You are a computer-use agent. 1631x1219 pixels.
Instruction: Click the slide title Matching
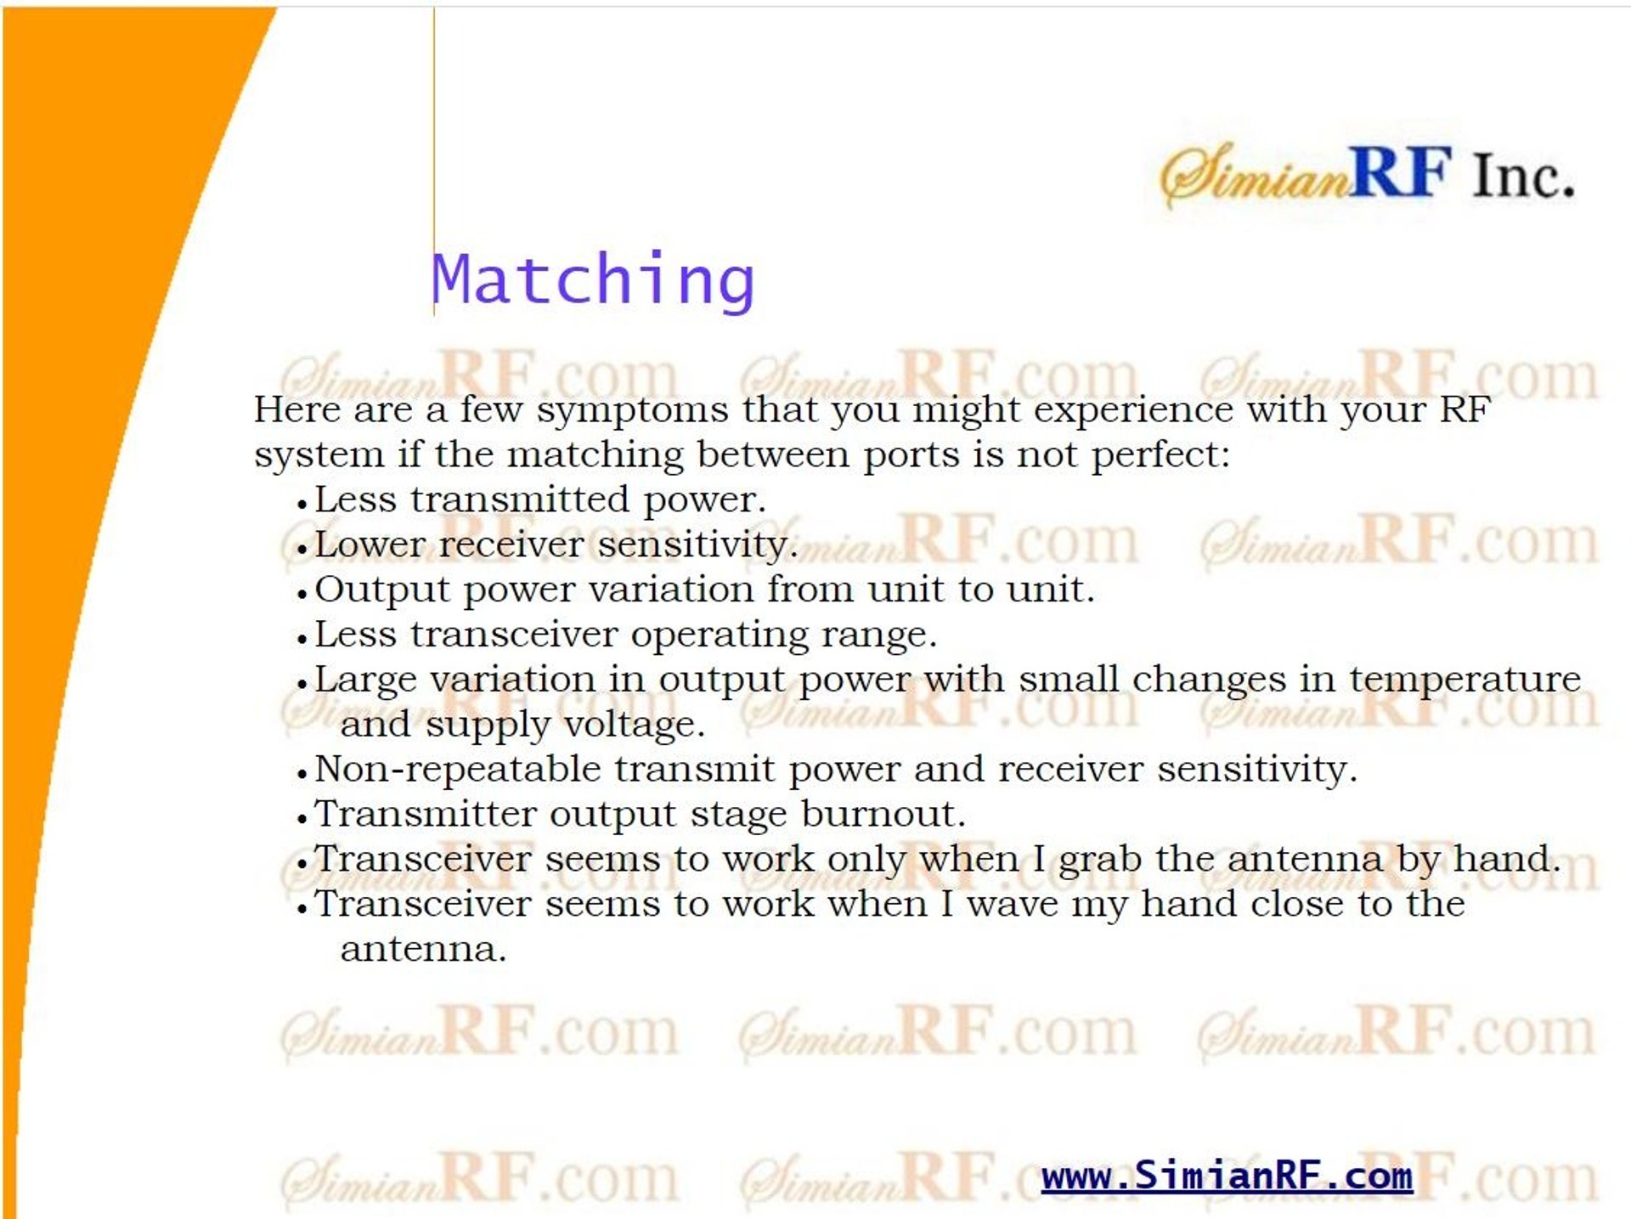point(593,280)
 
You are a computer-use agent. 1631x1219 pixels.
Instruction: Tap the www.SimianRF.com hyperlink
point(1227,1176)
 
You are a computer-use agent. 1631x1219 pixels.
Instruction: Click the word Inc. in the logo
point(1523,176)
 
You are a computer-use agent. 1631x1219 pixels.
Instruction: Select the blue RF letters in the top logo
point(1400,172)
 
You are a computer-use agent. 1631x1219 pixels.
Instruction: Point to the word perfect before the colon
point(1154,455)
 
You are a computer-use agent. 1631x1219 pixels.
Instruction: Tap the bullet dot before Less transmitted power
point(302,504)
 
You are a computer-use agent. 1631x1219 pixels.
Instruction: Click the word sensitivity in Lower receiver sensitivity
point(693,545)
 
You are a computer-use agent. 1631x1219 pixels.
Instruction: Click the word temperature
point(1465,680)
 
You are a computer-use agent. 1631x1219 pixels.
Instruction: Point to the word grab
point(1099,860)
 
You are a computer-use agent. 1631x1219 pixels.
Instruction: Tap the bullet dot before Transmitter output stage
point(302,819)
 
